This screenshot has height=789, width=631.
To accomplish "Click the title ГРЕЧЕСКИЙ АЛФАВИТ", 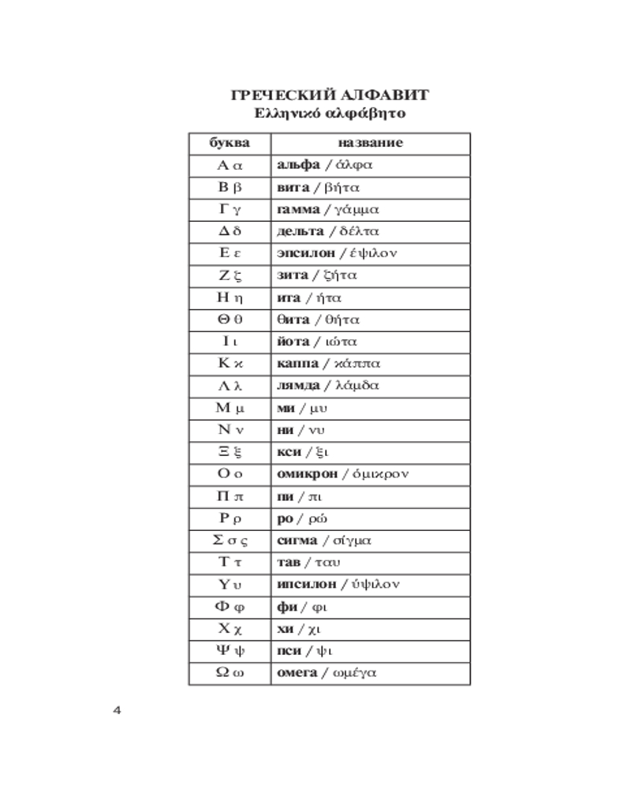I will (x=330, y=95).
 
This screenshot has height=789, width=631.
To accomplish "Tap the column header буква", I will (x=230, y=144).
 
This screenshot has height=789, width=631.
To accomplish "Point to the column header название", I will (x=370, y=144).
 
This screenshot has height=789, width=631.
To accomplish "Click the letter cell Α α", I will (x=230, y=166).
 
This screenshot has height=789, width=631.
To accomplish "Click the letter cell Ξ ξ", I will (x=230, y=452).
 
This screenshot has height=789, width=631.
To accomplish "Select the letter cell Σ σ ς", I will (x=230, y=540).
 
